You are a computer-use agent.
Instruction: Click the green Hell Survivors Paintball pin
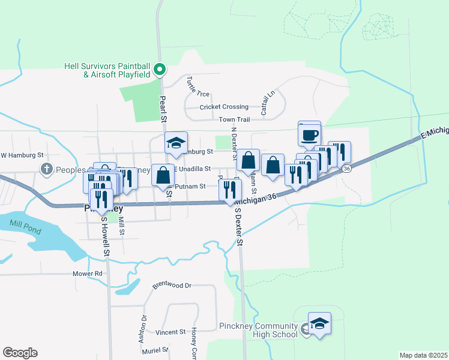(160, 70)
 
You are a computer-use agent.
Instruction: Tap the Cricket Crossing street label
(224, 107)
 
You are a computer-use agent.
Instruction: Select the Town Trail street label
(234, 120)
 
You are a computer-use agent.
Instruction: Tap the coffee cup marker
(310, 134)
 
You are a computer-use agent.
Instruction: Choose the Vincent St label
(170, 332)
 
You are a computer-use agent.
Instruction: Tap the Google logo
(20, 353)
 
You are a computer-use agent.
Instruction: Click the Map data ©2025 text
(423, 355)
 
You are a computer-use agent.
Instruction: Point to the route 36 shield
(347, 169)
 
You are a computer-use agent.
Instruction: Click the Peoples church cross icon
(46, 169)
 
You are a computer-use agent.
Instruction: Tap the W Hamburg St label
(23, 155)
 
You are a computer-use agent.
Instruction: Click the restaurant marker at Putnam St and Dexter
(231, 190)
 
